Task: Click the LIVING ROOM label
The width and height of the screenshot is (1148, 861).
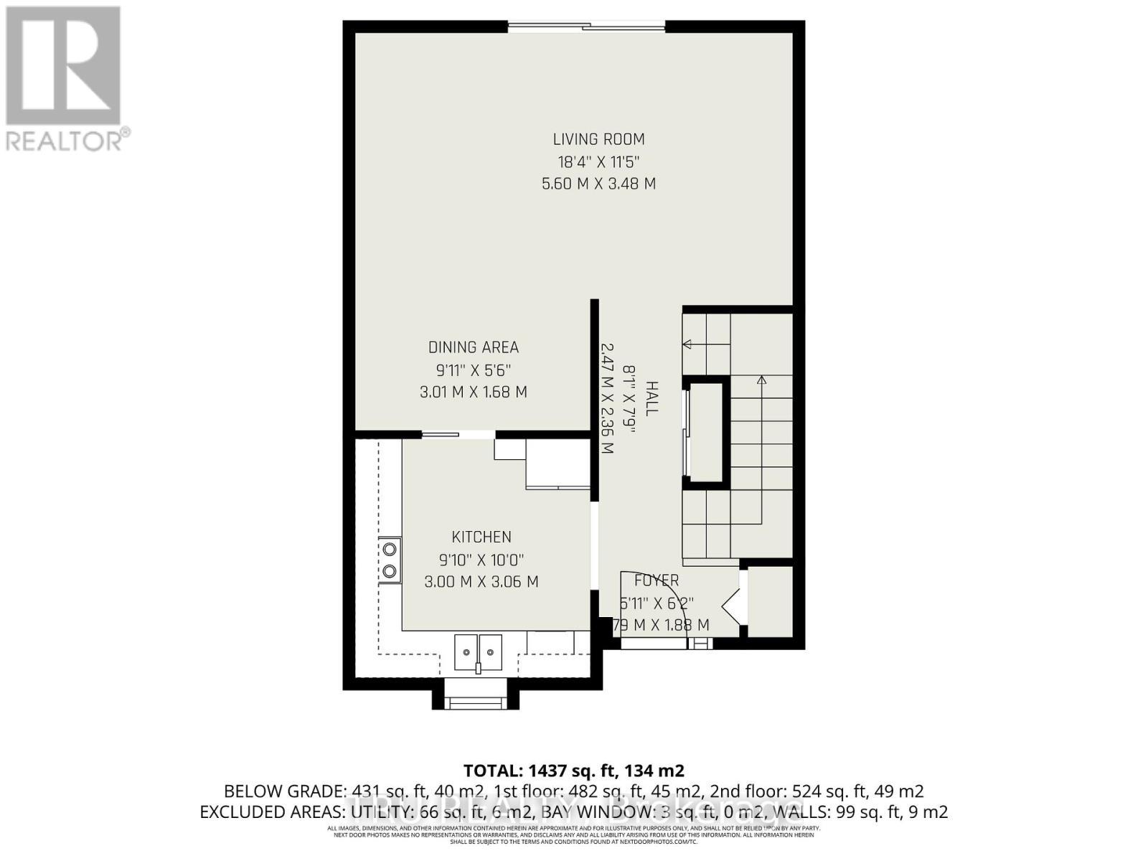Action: pyautogui.click(x=598, y=139)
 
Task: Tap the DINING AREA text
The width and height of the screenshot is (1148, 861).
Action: pyautogui.click(x=473, y=347)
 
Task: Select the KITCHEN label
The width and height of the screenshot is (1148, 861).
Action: pyautogui.click(x=481, y=537)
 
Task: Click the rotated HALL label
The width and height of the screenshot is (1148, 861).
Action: pyautogui.click(x=651, y=399)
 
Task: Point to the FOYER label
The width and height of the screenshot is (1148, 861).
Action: pyautogui.click(x=656, y=580)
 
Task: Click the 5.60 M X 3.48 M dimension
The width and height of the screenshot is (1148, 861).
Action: pyautogui.click(x=598, y=184)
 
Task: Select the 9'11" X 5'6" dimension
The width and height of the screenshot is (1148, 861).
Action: pyautogui.click(x=473, y=370)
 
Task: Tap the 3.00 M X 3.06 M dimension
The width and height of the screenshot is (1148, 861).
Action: pyautogui.click(x=481, y=582)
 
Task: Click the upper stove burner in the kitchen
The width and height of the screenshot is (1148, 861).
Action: pyautogui.click(x=390, y=550)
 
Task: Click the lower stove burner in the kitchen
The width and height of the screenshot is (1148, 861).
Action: pyautogui.click(x=390, y=571)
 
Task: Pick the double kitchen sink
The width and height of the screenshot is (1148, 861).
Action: pyautogui.click(x=478, y=653)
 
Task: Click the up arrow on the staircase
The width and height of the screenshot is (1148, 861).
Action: pyautogui.click(x=761, y=380)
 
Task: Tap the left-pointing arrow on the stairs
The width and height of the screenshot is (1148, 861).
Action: pyautogui.click(x=687, y=344)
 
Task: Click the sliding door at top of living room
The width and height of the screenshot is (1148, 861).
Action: pyautogui.click(x=587, y=27)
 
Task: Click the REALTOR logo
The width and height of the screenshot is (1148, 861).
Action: pyautogui.click(x=65, y=79)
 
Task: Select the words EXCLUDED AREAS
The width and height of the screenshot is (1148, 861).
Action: pyautogui.click(x=272, y=812)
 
